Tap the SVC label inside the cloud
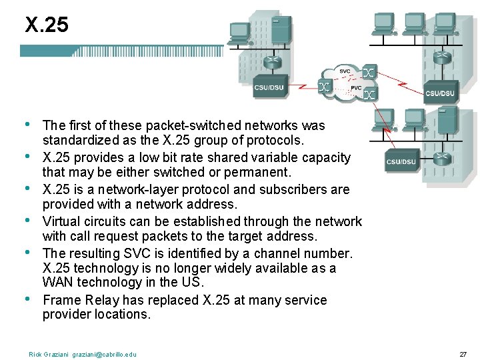tap(345, 71)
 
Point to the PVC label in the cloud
tap(356, 88)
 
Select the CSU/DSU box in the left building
tap(269, 87)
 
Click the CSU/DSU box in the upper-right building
tap(440, 93)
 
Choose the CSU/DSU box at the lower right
tap(401, 161)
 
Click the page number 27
tap(463, 354)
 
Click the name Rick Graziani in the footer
tap(49, 354)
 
